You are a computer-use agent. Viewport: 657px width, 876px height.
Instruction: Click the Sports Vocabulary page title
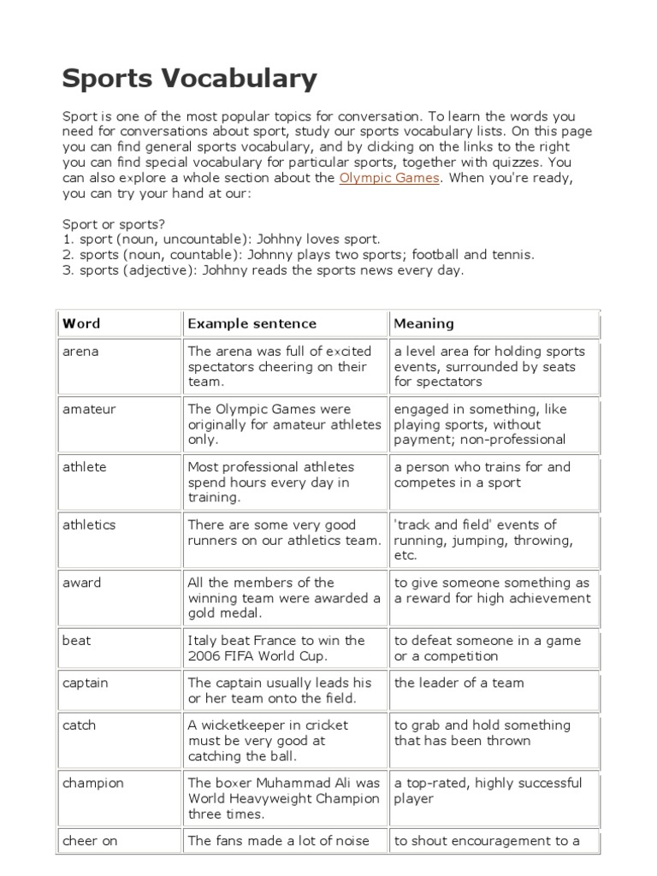click(189, 79)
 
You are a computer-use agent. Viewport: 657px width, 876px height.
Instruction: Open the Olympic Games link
click(389, 178)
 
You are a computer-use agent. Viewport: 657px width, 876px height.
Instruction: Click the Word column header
click(81, 323)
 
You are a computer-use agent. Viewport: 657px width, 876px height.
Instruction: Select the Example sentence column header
click(252, 323)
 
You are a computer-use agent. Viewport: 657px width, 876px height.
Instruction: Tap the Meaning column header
click(423, 323)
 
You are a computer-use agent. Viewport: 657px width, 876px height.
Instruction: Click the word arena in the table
click(80, 352)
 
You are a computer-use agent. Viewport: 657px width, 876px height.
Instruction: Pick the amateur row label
click(89, 410)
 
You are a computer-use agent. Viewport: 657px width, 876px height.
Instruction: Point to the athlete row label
click(85, 467)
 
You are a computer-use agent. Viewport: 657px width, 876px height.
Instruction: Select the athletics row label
click(89, 525)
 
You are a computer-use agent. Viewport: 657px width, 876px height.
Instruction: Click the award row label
click(82, 583)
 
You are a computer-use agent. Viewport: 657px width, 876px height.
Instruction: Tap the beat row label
click(76, 641)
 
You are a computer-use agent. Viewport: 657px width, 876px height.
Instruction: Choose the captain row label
click(86, 683)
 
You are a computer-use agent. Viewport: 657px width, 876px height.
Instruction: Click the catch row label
click(80, 725)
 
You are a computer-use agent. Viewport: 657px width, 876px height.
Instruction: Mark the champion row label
click(93, 783)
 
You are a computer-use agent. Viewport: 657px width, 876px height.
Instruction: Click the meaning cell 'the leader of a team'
click(459, 683)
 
